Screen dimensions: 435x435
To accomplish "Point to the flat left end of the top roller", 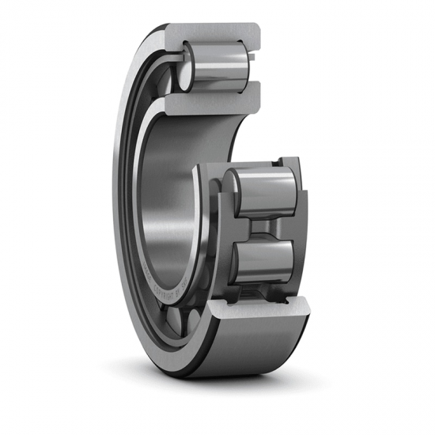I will (187, 67).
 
